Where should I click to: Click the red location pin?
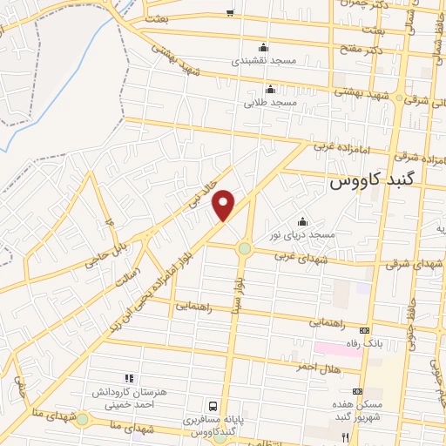(225, 205)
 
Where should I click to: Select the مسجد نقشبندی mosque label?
(264, 62)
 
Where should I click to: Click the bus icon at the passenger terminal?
(213, 406)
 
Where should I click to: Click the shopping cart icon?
(230, 11)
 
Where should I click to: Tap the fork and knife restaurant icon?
(345, 436)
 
